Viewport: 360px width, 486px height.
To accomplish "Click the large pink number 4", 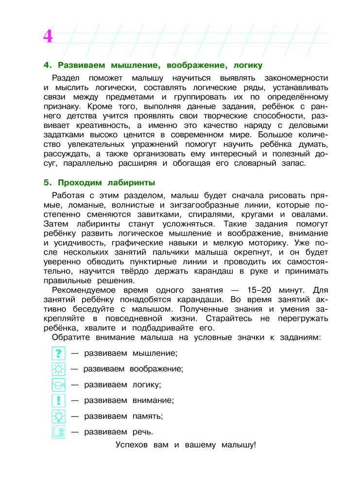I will (48, 36).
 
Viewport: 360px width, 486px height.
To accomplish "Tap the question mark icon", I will (58, 353).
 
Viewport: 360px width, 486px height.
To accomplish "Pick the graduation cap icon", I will (58, 384).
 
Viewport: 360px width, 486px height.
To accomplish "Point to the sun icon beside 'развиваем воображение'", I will (58, 369).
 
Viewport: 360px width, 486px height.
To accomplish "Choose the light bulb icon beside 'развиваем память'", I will (58, 416).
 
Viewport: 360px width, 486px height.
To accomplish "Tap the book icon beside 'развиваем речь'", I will (58, 432).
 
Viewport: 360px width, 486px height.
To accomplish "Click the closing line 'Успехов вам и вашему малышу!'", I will (186, 445).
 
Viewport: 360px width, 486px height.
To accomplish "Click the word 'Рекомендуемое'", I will (86, 290).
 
